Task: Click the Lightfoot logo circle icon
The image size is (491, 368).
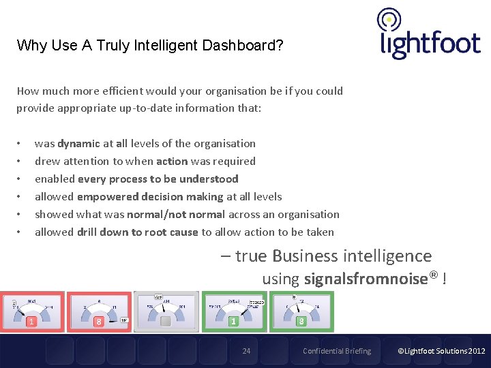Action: (x=389, y=20)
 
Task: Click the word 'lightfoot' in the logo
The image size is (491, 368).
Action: (x=430, y=44)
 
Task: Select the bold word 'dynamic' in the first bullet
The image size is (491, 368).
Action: (x=79, y=144)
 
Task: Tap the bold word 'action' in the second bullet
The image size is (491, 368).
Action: (x=172, y=162)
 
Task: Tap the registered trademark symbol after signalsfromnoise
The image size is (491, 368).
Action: (x=434, y=276)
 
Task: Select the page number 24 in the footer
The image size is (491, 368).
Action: (x=246, y=352)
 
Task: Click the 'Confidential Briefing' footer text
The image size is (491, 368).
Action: (x=337, y=352)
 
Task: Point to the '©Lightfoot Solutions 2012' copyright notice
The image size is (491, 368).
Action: (x=441, y=352)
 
